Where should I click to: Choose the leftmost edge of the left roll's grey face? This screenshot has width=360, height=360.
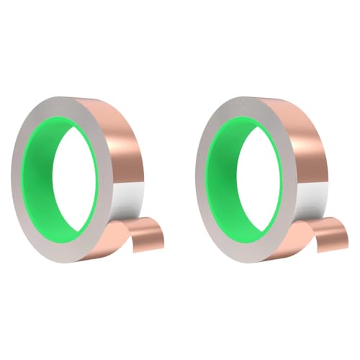(x=12, y=180)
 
